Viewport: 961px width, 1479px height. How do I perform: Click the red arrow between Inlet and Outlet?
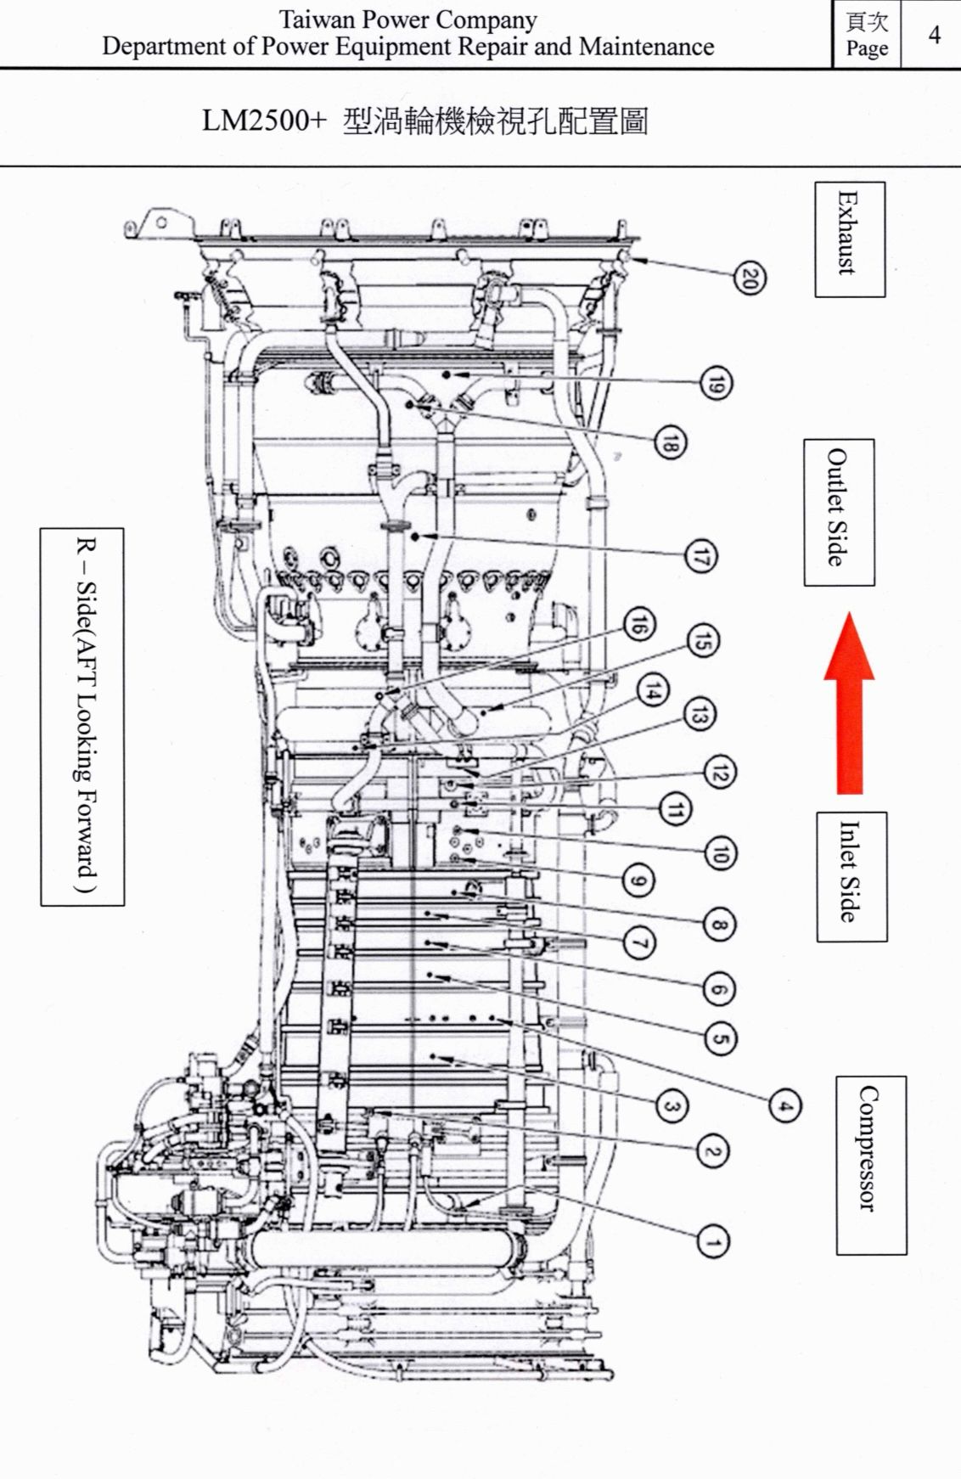coord(849,703)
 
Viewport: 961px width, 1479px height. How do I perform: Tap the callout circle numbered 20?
coord(749,278)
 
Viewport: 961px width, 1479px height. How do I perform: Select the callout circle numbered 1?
coord(711,1243)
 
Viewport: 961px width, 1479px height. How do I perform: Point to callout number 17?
coord(701,557)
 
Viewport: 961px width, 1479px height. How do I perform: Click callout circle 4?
coord(785,1106)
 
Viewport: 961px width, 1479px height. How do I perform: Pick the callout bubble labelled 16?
coord(638,626)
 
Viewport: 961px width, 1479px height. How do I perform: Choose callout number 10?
coord(720,852)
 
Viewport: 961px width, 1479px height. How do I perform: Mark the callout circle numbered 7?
coord(640,942)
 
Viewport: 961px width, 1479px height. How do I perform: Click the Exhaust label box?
coord(850,239)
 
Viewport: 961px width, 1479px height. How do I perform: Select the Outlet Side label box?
coord(839,512)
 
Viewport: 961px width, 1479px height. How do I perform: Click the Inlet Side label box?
coord(851,876)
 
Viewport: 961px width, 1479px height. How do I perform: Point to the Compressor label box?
coord(871,1165)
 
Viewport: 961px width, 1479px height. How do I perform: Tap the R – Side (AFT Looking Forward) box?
coord(82,717)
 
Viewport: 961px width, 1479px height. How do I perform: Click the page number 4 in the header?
coord(934,34)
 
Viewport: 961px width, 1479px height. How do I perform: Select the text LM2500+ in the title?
coord(263,121)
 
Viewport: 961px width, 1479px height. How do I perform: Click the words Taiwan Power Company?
coord(407,19)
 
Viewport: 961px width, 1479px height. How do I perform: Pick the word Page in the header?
coord(867,48)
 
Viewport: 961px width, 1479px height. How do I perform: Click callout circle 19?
coord(715,384)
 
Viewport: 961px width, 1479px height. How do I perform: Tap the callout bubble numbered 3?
coord(671,1106)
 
